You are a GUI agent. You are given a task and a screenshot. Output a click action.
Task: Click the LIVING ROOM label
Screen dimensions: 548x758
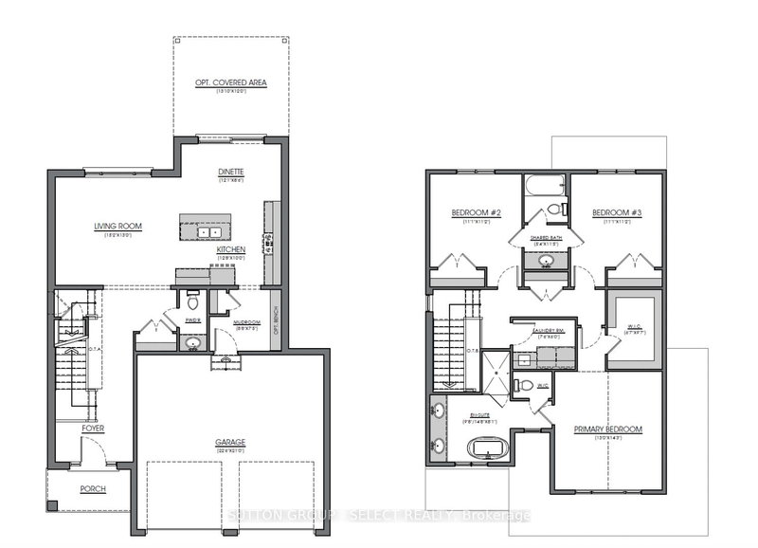[x=117, y=226]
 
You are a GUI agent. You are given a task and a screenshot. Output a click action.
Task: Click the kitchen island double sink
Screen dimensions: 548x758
[x=208, y=231]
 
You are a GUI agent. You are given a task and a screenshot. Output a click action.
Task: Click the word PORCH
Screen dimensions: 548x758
[x=93, y=489]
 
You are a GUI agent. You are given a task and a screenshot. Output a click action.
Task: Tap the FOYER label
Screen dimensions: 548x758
[x=92, y=429]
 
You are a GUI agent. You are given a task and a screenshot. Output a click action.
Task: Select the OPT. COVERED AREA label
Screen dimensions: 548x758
[x=231, y=83]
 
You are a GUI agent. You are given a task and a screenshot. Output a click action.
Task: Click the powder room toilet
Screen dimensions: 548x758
[x=193, y=304]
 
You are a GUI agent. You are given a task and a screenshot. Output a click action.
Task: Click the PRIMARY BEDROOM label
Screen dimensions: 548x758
[x=607, y=429]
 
